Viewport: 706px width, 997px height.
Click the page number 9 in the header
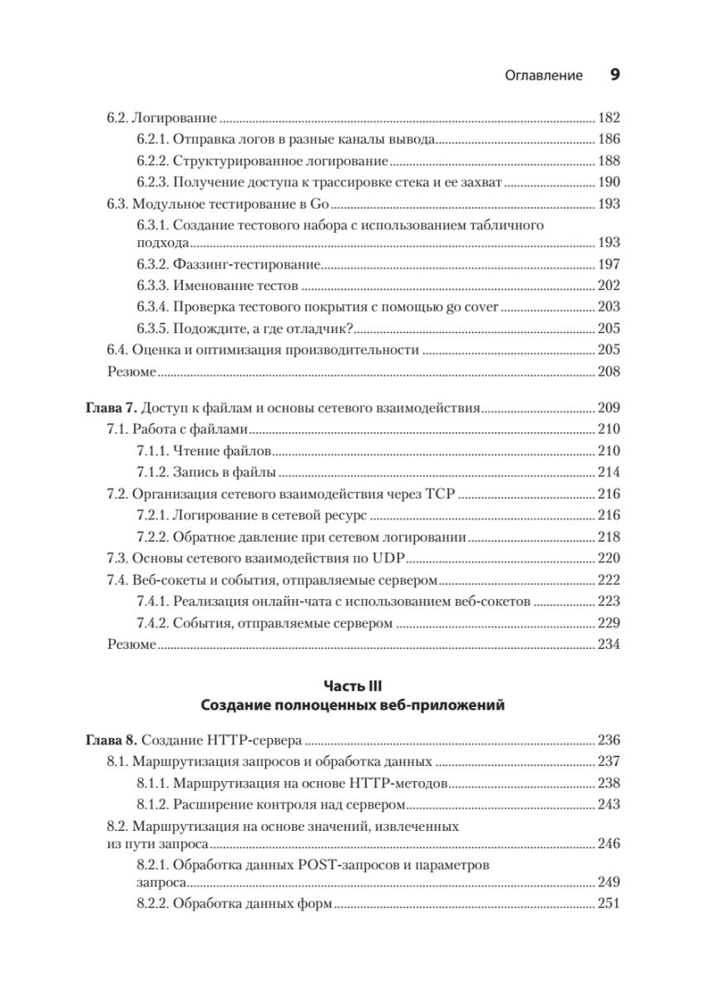pos(615,75)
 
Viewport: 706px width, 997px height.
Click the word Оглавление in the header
pos(544,76)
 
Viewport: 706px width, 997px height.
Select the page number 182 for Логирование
pos(609,118)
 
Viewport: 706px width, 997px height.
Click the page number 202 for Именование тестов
pos(609,286)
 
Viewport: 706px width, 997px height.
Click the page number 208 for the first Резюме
pos(609,371)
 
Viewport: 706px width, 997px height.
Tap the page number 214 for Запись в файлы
pos(609,473)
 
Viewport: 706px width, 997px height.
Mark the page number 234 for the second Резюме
pos(609,644)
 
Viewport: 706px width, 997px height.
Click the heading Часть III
pos(353,686)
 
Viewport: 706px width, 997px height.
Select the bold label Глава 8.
pos(111,739)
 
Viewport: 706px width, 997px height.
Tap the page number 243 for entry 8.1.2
pos(609,803)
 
